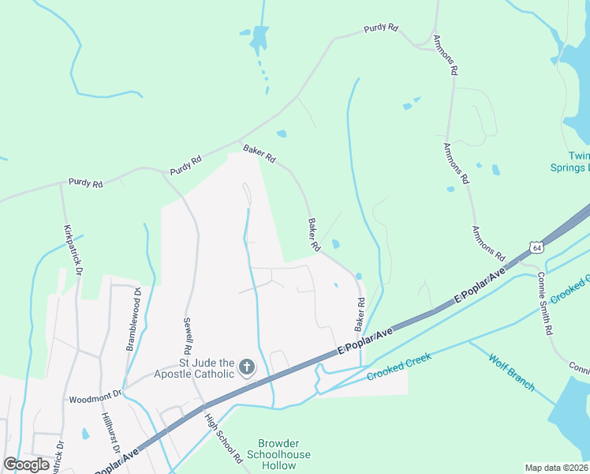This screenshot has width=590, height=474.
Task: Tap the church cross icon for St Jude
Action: click(246, 367)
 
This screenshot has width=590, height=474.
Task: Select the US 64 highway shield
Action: click(536, 247)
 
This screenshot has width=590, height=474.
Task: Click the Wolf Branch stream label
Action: click(511, 374)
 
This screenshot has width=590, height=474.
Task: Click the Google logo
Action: click(27, 465)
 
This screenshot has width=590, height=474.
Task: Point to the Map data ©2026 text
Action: click(556, 467)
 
